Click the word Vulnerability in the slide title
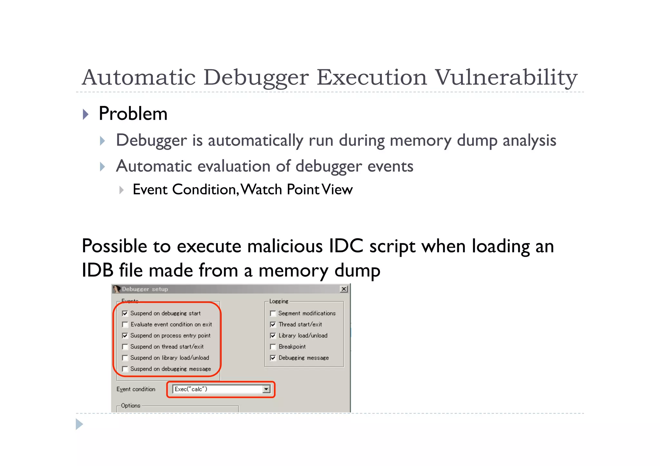(x=506, y=78)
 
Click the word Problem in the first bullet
(x=133, y=114)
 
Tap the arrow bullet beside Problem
(x=85, y=114)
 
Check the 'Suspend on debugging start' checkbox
(x=125, y=313)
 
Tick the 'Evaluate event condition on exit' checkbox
(x=125, y=325)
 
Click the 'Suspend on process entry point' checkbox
(x=125, y=336)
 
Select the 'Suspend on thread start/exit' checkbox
(x=125, y=347)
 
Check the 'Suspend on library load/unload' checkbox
(x=125, y=358)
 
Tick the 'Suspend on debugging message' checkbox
(x=125, y=369)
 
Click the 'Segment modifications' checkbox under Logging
(x=273, y=313)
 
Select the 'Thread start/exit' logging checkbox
(x=273, y=325)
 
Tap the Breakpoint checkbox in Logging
(x=273, y=347)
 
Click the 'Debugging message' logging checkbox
(x=273, y=358)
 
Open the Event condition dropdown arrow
(x=266, y=389)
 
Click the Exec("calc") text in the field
(x=191, y=389)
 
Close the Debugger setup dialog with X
(x=344, y=289)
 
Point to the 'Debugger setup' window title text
(x=145, y=289)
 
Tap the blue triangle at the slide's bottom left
(x=79, y=424)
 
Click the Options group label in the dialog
(x=131, y=406)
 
